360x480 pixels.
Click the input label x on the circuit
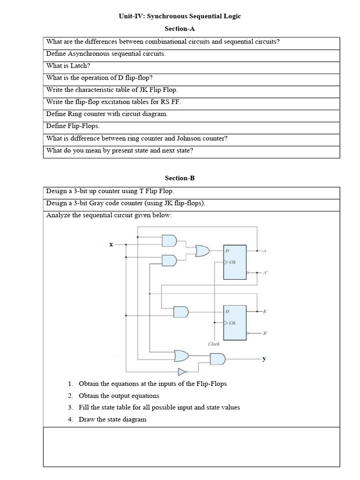(x=111, y=244)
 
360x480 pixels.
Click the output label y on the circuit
(x=264, y=359)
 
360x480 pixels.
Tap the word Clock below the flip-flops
(x=214, y=344)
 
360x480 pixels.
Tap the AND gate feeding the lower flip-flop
(x=181, y=311)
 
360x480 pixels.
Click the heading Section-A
(x=180, y=29)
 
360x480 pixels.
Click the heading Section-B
(x=180, y=178)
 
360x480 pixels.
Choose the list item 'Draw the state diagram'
(x=112, y=420)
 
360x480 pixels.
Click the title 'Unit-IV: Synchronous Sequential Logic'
(x=180, y=16)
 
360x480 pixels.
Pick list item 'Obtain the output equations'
(x=119, y=396)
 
